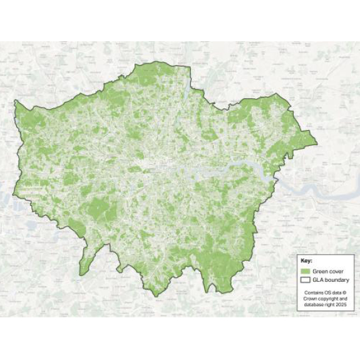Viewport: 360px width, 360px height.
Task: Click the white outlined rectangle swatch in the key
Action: (x=306, y=280)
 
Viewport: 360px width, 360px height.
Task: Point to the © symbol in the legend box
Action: (x=344, y=292)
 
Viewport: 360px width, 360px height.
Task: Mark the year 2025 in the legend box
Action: (x=341, y=305)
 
